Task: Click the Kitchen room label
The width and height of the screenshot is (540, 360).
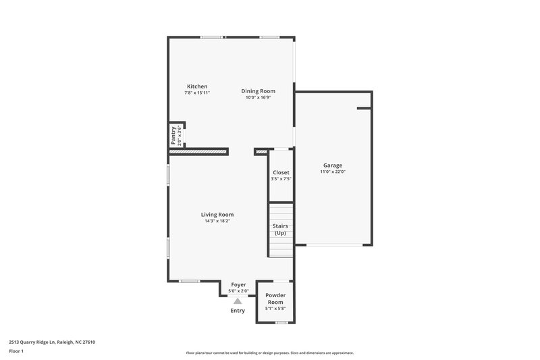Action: tap(197, 86)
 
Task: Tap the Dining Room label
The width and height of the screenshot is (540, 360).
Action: tap(258, 91)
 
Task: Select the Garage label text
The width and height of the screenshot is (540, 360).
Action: tap(332, 165)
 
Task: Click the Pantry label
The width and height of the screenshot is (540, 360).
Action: tap(173, 135)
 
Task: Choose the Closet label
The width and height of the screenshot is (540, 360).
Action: tap(281, 173)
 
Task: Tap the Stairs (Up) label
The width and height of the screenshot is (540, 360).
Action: tap(280, 230)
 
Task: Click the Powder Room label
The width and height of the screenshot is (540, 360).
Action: tap(275, 299)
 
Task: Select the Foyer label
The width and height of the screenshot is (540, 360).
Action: tap(238, 285)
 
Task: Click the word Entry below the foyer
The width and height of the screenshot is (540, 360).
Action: tap(238, 311)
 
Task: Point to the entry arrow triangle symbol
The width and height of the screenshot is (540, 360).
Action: tap(238, 301)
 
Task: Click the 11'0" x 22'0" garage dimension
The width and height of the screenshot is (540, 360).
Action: tap(332, 172)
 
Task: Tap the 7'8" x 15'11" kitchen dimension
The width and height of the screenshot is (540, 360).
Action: tap(197, 93)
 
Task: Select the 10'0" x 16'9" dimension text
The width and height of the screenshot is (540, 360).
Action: tap(258, 97)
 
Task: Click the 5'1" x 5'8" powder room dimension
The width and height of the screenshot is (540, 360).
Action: tap(275, 309)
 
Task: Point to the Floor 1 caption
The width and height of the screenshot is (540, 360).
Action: tap(17, 352)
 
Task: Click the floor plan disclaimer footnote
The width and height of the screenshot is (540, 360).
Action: tap(269, 353)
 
